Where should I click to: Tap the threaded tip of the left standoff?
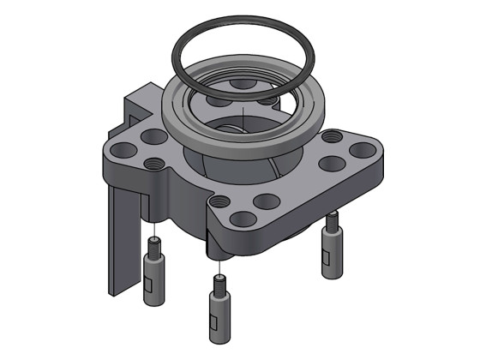tap(155, 248)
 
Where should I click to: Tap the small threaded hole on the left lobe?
tap(155, 162)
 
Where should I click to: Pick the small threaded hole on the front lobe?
tap(221, 202)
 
